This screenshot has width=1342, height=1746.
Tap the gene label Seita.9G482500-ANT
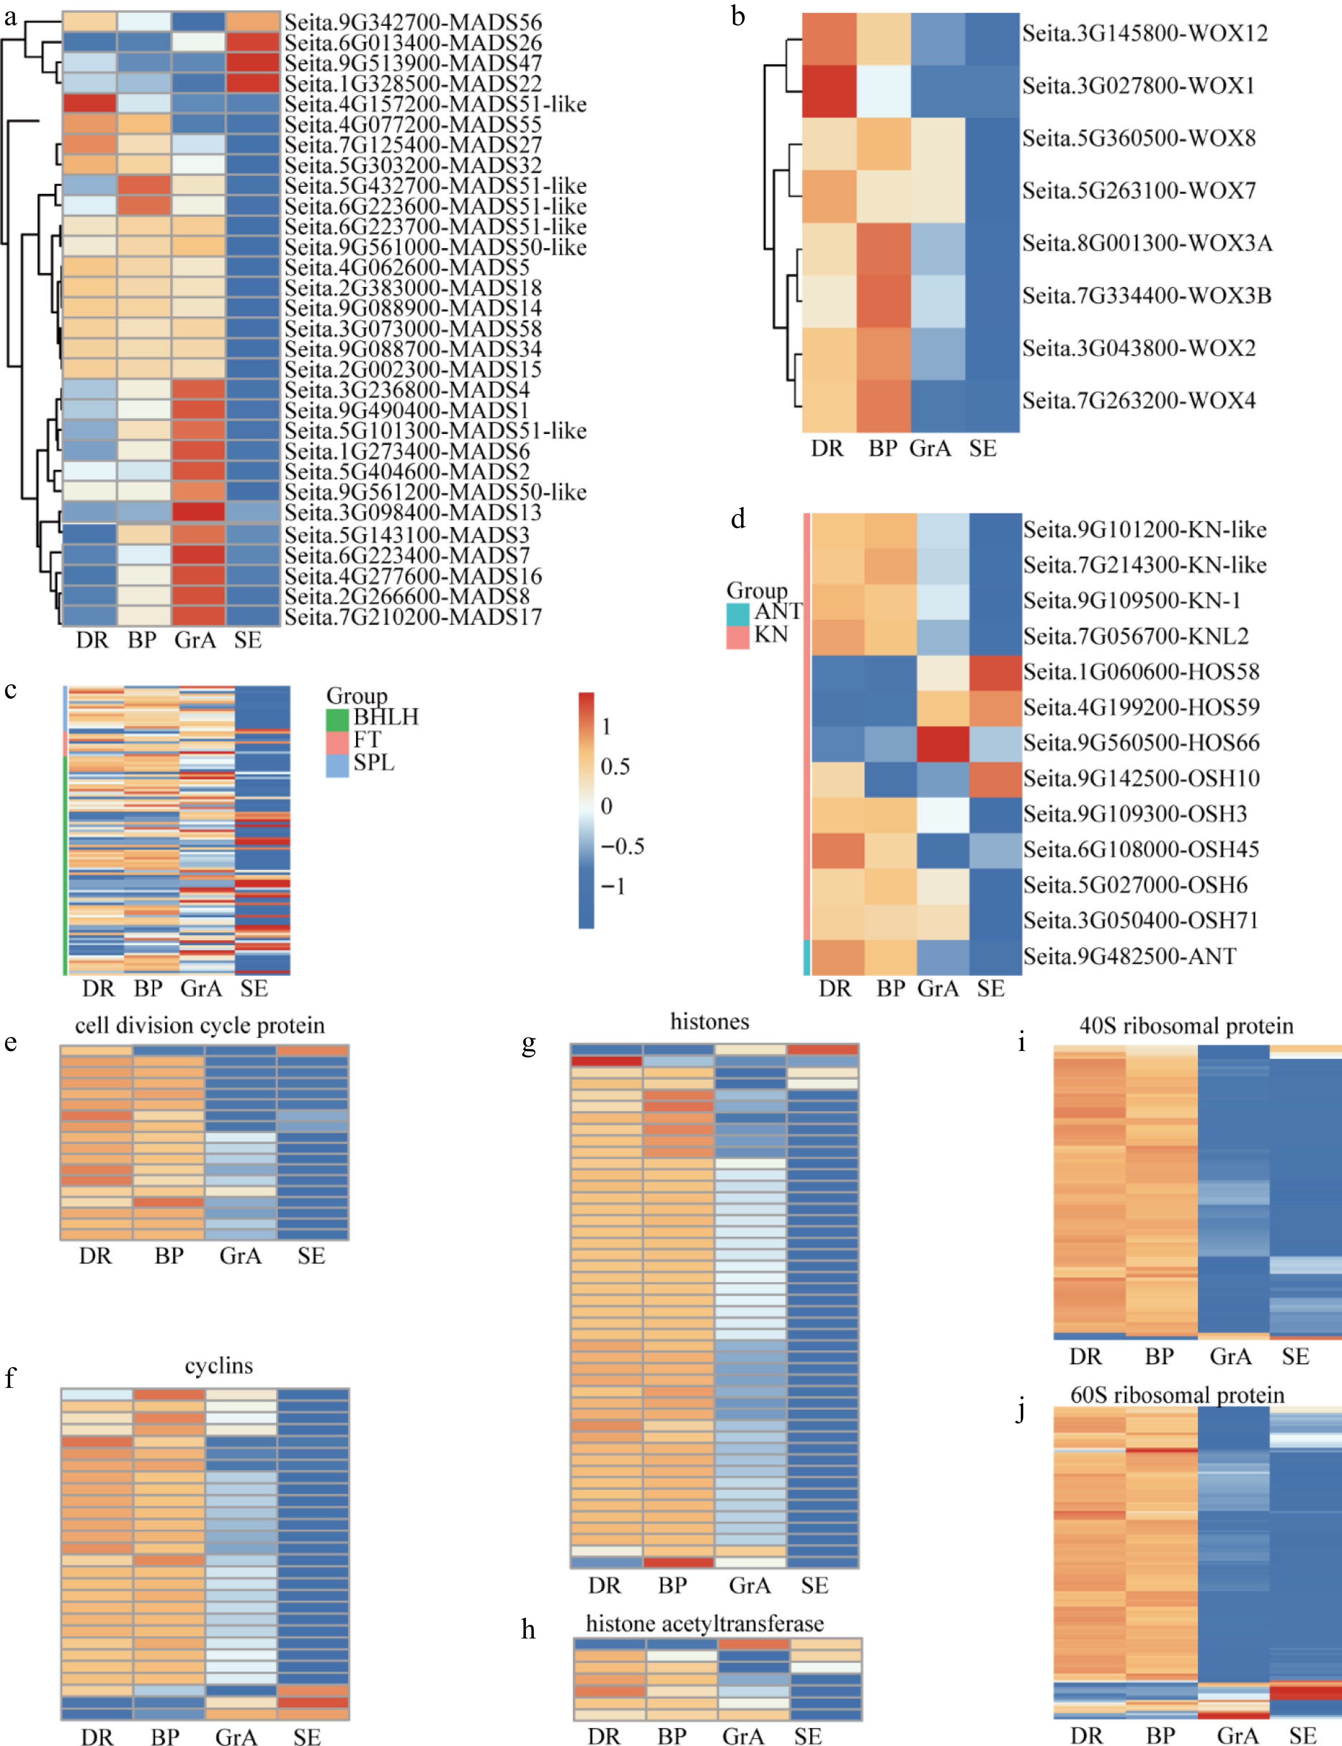[x=1129, y=956]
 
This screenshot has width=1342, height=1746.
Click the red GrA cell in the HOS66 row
[x=942, y=743]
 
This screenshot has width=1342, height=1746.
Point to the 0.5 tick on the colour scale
[x=615, y=767]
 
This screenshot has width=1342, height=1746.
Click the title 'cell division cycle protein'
[x=200, y=1025]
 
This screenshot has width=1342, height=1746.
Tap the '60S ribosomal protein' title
[x=1177, y=1395]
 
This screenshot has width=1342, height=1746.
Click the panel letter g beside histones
[x=528, y=1045]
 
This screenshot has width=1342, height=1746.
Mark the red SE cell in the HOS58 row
[x=996, y=672]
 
